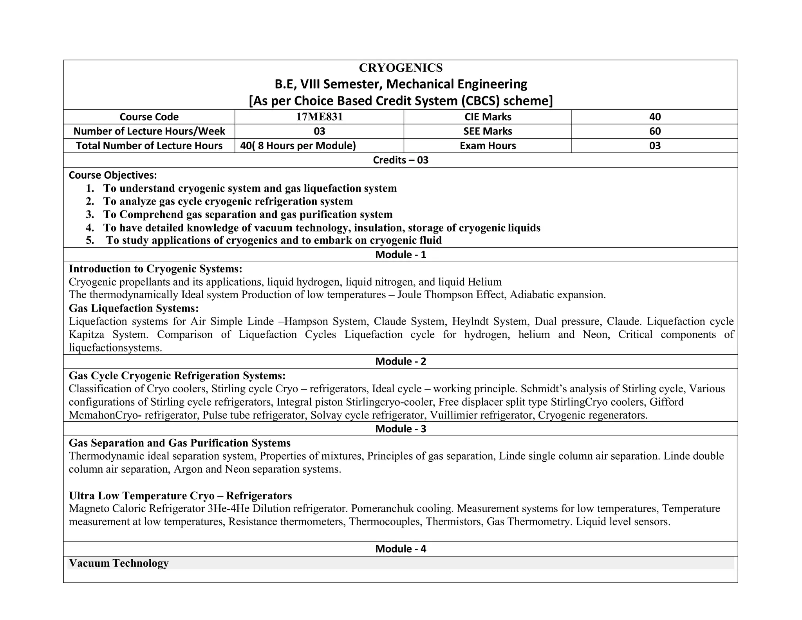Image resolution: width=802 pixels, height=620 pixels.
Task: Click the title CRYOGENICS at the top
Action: pos(400,68)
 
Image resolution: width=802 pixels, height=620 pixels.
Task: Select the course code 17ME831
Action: pos(319,117)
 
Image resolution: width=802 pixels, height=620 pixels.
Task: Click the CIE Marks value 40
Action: pos(654,117)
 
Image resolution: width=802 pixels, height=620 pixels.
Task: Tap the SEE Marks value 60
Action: pos(654,131)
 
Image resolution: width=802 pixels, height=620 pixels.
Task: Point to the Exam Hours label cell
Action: pos(488,146)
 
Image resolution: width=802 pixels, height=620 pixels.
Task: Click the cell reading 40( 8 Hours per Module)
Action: pos(298,146)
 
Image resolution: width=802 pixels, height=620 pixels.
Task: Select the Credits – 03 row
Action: pos(400,160)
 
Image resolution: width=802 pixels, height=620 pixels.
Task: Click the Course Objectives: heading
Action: pos(113,175)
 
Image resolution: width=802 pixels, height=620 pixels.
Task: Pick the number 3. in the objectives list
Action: pos(90,214)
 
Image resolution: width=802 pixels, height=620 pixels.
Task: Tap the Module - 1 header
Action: pos(400,255)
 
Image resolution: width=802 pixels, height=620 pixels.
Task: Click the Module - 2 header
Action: pos(400,361)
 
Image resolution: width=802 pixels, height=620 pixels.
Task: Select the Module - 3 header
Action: pos(400,429)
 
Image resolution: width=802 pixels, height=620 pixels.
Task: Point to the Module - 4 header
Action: pos(400,549)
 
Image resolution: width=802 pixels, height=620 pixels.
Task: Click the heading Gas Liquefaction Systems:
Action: pos(134,308)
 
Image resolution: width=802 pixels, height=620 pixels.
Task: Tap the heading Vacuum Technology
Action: pos(119,563)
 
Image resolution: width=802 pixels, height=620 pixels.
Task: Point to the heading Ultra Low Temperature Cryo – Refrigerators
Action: pos(180,496)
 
